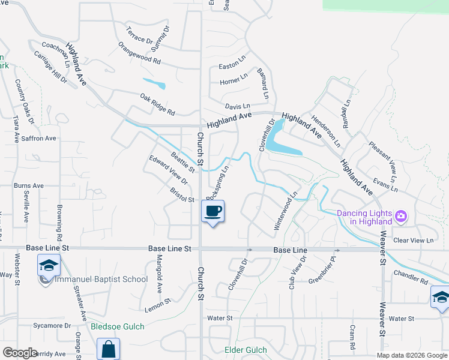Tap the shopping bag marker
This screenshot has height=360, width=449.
[108, 349]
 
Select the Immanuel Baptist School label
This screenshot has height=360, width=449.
[101, 279]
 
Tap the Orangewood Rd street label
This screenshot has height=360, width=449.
[140, 53]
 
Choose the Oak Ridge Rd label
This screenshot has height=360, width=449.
[157, 104]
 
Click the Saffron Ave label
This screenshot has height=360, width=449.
[39, 138]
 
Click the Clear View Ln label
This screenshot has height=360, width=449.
[413, 240]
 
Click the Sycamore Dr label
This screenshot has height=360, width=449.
[52, 326]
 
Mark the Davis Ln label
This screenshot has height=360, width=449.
[237, 106]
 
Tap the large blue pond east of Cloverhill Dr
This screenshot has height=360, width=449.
[282, 145]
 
